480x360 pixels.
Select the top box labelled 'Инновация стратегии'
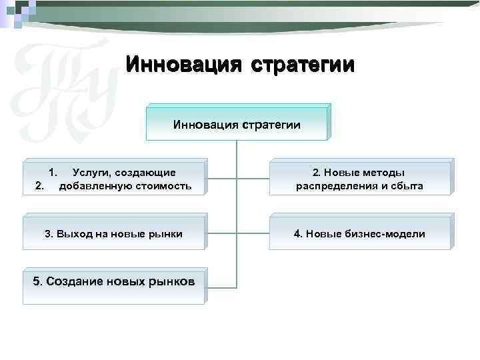click(237, 124)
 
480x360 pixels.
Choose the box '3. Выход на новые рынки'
click(114, 234)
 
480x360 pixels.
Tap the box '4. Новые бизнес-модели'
click(359, 234)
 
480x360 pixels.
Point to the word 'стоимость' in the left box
click(166, 186)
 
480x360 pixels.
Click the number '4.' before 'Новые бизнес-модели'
click(299, 234)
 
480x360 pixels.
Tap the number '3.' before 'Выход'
click(49, 234)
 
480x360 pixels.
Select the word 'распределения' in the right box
click(333, 186)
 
